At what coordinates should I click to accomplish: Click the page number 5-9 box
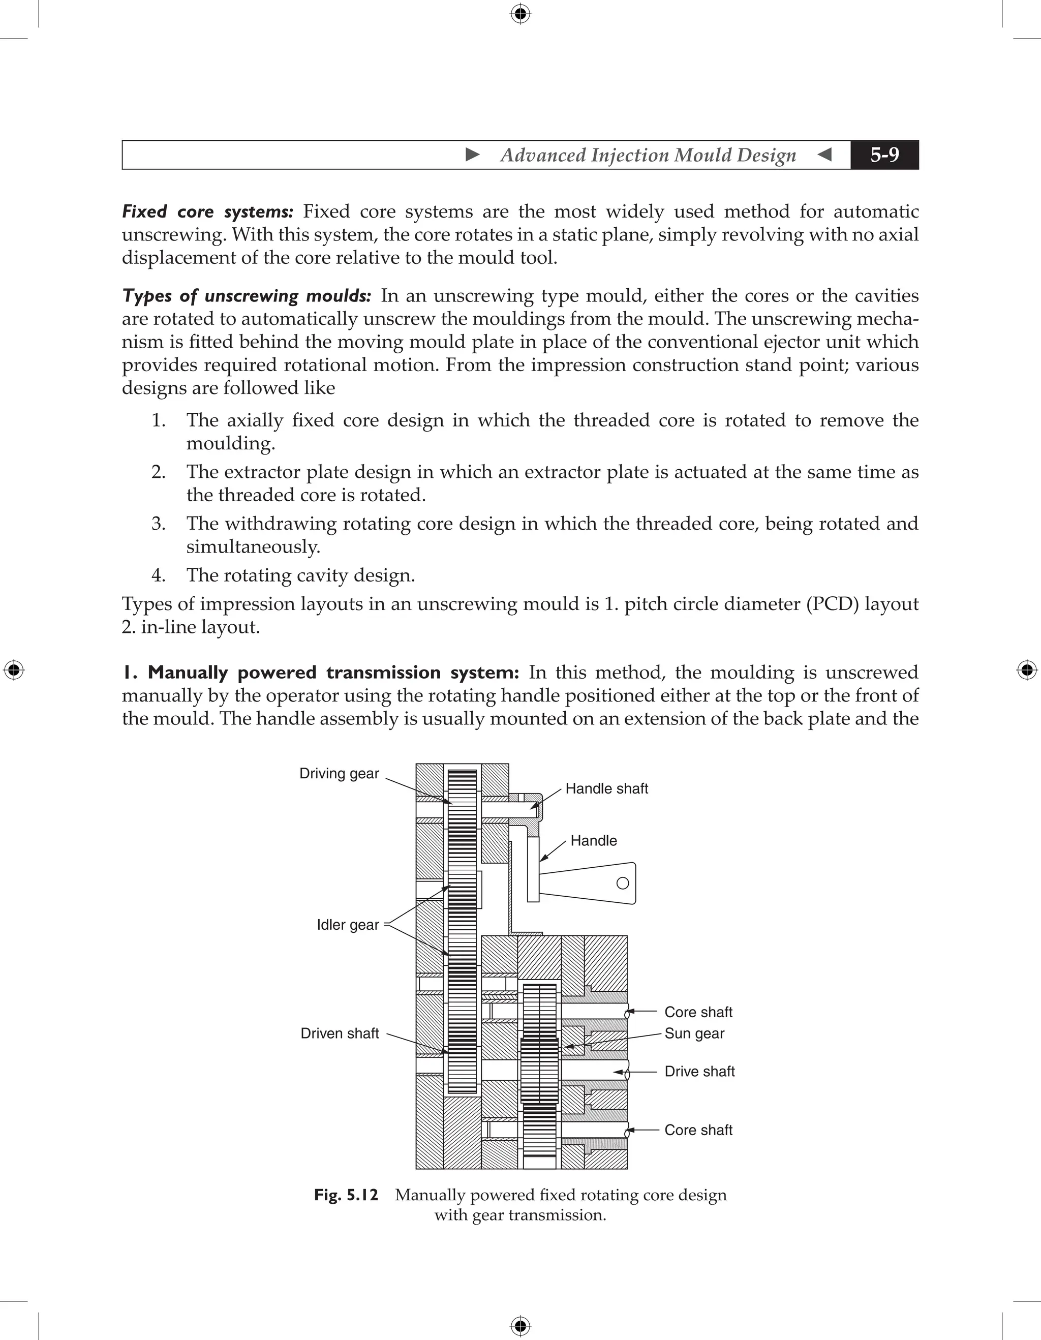pos(884,155)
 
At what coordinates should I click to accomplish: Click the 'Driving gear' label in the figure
pos(339,773)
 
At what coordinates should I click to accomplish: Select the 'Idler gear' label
pos(347,925)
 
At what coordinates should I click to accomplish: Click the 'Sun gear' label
pos(694,1033)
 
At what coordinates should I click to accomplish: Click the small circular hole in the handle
pos(623,883)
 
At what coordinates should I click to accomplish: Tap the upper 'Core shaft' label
pos(698,1012)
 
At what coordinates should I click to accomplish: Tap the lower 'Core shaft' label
pos(698,1130)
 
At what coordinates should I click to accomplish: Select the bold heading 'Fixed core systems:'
pos(207,211)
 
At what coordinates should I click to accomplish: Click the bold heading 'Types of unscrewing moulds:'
pos(247,296)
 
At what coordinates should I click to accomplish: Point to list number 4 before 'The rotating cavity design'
pos(158,575)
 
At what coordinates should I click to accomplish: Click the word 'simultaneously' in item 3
pos(252,546)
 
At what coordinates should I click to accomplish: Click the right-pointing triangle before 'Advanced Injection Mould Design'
pos(472,155)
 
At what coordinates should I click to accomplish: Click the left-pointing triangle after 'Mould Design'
pos(825,155)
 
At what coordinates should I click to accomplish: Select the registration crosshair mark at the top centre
pos(520,14)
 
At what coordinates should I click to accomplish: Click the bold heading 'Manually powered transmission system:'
pos(320,673)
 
